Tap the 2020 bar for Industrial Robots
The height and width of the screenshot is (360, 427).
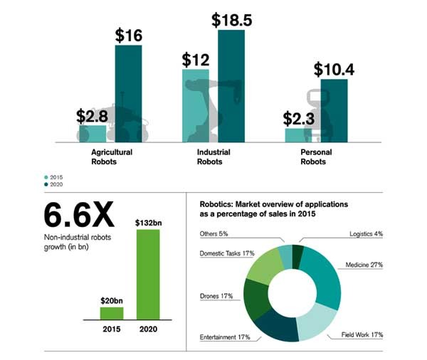tap(231, 85)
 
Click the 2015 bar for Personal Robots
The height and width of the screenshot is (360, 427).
tap(298, 134)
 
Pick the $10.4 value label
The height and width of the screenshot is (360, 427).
tap(334, 69)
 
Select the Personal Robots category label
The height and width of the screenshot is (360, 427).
tap(313, 157)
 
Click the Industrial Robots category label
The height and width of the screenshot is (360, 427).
tap(212, 157)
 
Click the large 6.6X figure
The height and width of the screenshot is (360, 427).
tap(80, 214)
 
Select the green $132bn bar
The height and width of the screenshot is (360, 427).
tap(148, 274)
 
